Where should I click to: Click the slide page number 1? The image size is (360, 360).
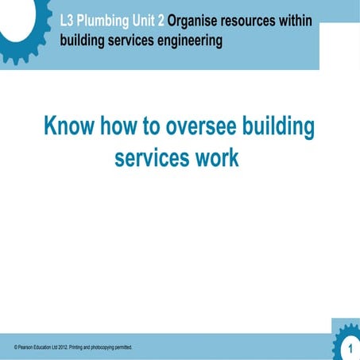click(x=350, y=349)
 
